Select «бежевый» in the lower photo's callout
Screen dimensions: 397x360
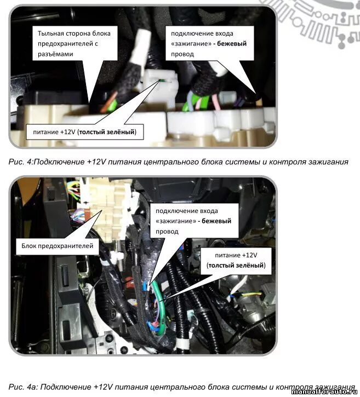tap(216, 221)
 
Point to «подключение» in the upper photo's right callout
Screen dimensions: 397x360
tap(191, 33)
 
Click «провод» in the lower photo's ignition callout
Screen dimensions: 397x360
tap(167, 231)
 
